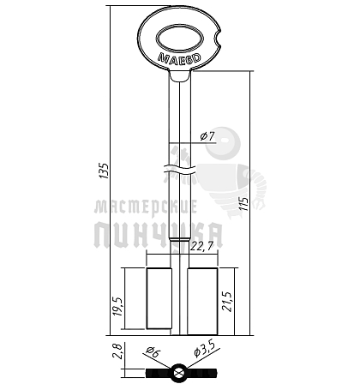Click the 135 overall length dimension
point(105,171)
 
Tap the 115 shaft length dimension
point(244,203)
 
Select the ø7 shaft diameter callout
point(207,136)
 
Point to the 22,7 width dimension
point(201,247)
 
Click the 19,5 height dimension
point(118,306)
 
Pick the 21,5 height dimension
point(228,302)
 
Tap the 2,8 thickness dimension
point(117,351)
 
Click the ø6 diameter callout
point(153,351)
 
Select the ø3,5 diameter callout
point(203,349)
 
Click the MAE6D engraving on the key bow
point(179,58)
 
